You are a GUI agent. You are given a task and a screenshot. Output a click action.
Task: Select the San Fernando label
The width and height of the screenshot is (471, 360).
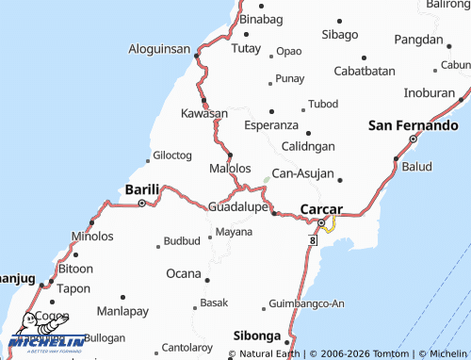tap(413, 124)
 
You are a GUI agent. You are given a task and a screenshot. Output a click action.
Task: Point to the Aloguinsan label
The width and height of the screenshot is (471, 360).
tap(160, 47)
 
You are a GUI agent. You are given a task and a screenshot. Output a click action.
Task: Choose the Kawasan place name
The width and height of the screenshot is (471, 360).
tap(204, 113)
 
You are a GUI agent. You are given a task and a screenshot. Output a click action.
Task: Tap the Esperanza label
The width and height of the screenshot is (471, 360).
tap(271, 124)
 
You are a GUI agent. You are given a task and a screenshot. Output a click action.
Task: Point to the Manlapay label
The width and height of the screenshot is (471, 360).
tap(122, 310)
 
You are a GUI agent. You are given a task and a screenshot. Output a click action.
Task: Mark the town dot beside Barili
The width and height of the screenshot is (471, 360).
tap(142, 202)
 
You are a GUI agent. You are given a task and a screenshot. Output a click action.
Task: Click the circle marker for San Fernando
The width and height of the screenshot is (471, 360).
tap(413, 139)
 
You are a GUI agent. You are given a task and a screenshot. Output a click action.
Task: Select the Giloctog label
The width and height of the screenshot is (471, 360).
tap(172, 155)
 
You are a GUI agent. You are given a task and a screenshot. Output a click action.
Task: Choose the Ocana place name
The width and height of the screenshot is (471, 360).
tap(184, 273)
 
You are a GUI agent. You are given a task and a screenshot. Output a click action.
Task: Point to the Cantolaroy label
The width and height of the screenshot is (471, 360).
tap(187, 347)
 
